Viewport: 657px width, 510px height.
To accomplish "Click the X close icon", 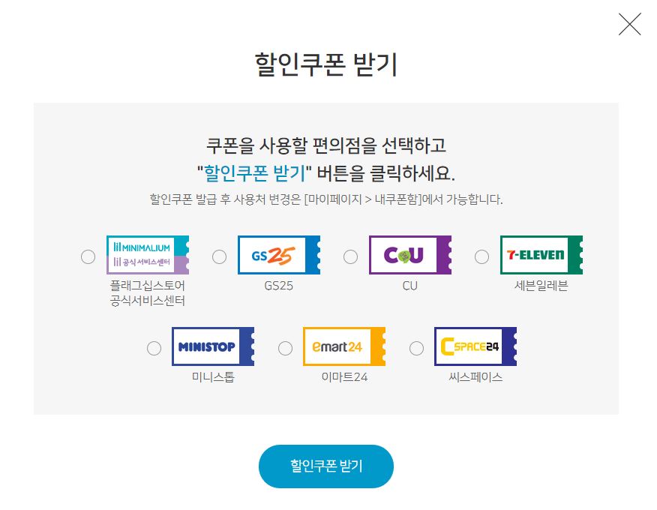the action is click(x=629, y=25).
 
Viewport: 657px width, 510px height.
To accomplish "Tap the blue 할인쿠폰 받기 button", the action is click(x=326, y=466).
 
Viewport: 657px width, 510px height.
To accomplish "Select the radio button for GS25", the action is click(x=219, y=256).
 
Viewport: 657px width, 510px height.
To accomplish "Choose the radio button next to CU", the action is click(x=350, y=256).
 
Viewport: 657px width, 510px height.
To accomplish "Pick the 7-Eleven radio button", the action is click(x=481, y=256).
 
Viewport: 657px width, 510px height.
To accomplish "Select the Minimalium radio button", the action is click(x=88, y=256).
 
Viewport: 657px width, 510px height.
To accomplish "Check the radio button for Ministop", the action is click(x=154, y=348).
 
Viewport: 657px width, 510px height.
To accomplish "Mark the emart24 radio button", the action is click(x=285, y=348).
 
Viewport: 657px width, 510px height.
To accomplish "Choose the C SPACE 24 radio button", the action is click(x=416, y=348).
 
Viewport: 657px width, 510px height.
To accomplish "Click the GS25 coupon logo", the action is click(x=278, y=255).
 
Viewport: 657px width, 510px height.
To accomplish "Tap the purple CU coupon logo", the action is click(x=409, y=255).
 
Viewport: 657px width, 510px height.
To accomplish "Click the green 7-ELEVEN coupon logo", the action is click(x=541, y=255).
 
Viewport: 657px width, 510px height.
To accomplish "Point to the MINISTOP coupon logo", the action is click(x=212, y=346).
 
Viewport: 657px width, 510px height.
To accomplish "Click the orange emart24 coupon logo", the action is click(x=343, y=346).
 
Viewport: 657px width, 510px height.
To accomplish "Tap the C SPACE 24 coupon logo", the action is click(x=475, y=346).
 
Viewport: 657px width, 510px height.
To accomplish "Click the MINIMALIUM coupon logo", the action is click(x=147, y=255).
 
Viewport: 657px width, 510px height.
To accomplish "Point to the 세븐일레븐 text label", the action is click(x=541, y=286).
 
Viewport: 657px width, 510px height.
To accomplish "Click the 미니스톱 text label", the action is click(x=213, y=377).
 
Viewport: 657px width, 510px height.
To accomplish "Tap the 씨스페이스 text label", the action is click(x=475, y=377).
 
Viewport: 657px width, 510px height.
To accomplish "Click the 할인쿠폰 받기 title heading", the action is click(x=326, y=65).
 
